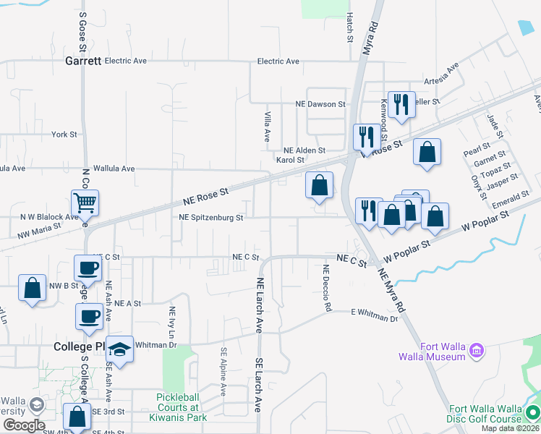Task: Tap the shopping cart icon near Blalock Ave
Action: tap(85, 203)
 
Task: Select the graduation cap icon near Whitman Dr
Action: tap(119, 350)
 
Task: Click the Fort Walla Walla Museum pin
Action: tap(476, 352)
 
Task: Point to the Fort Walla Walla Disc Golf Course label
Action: tap(485, 414)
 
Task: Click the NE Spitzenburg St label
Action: tap(211, 217)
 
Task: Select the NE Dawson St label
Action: tap(320, 104)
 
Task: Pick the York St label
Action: tap(64, 135)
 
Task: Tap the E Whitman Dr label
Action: tap(374, 315)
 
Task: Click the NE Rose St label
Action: tap(205, 194)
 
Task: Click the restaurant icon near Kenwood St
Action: tap(399, 103)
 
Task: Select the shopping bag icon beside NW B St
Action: tap(33, 288)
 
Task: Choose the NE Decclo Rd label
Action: tap(327, 288)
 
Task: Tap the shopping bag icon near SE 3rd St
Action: tap(77, 417)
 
